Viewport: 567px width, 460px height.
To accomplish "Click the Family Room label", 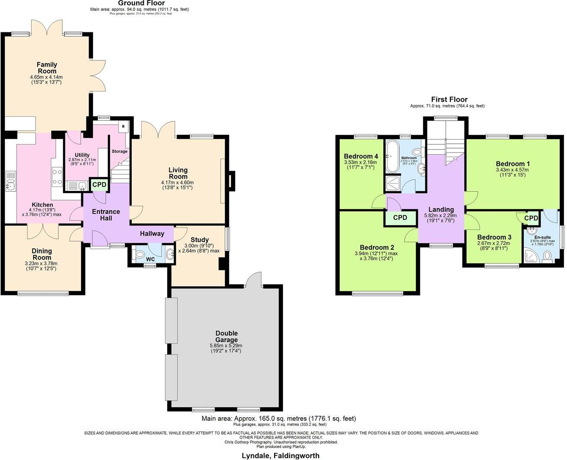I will coord(47,68).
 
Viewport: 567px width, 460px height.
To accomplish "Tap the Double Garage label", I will coord(227,336).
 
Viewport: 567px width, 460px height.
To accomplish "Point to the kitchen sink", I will coord(10,181).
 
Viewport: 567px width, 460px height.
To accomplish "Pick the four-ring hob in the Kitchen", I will coord(57,177).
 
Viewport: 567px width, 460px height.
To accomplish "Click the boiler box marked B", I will coord(123,127).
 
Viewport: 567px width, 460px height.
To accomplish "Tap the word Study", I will coord(200,240).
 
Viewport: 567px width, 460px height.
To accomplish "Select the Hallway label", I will coord(152,234).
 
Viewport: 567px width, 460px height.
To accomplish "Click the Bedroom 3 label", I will coord(494,237).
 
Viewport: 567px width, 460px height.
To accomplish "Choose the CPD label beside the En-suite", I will coord(531,218).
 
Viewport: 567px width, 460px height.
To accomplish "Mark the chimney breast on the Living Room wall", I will coord(232,181).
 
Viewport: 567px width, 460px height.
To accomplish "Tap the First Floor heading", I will coord(449,99).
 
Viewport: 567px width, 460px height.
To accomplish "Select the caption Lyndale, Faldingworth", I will coord(280,455).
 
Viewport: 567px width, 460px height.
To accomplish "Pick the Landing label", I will coord(441,209).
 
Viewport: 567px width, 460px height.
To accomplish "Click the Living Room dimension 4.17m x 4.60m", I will coord(177,182).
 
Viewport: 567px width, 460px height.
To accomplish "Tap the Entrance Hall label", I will coord(106,215).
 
